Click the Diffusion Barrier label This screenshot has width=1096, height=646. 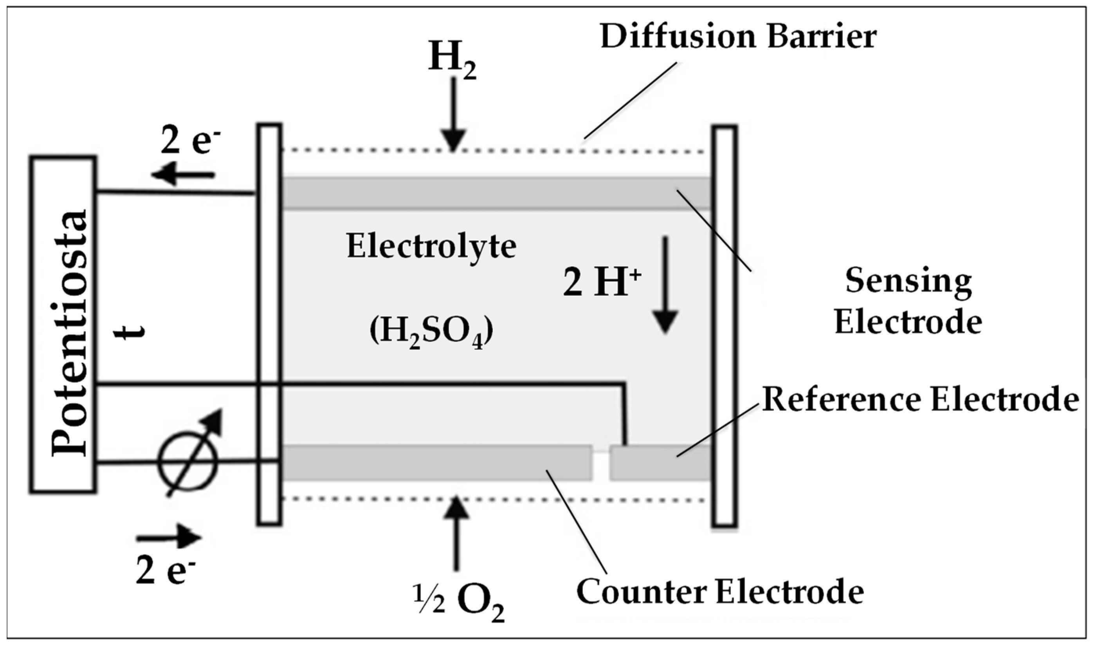738,37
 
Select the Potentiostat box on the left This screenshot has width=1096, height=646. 63,324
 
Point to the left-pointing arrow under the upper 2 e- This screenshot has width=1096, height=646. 183,175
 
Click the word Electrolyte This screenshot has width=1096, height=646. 431,247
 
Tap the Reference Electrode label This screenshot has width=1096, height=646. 920,399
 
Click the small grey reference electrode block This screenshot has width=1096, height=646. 660,463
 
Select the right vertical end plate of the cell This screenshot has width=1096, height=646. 725,326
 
